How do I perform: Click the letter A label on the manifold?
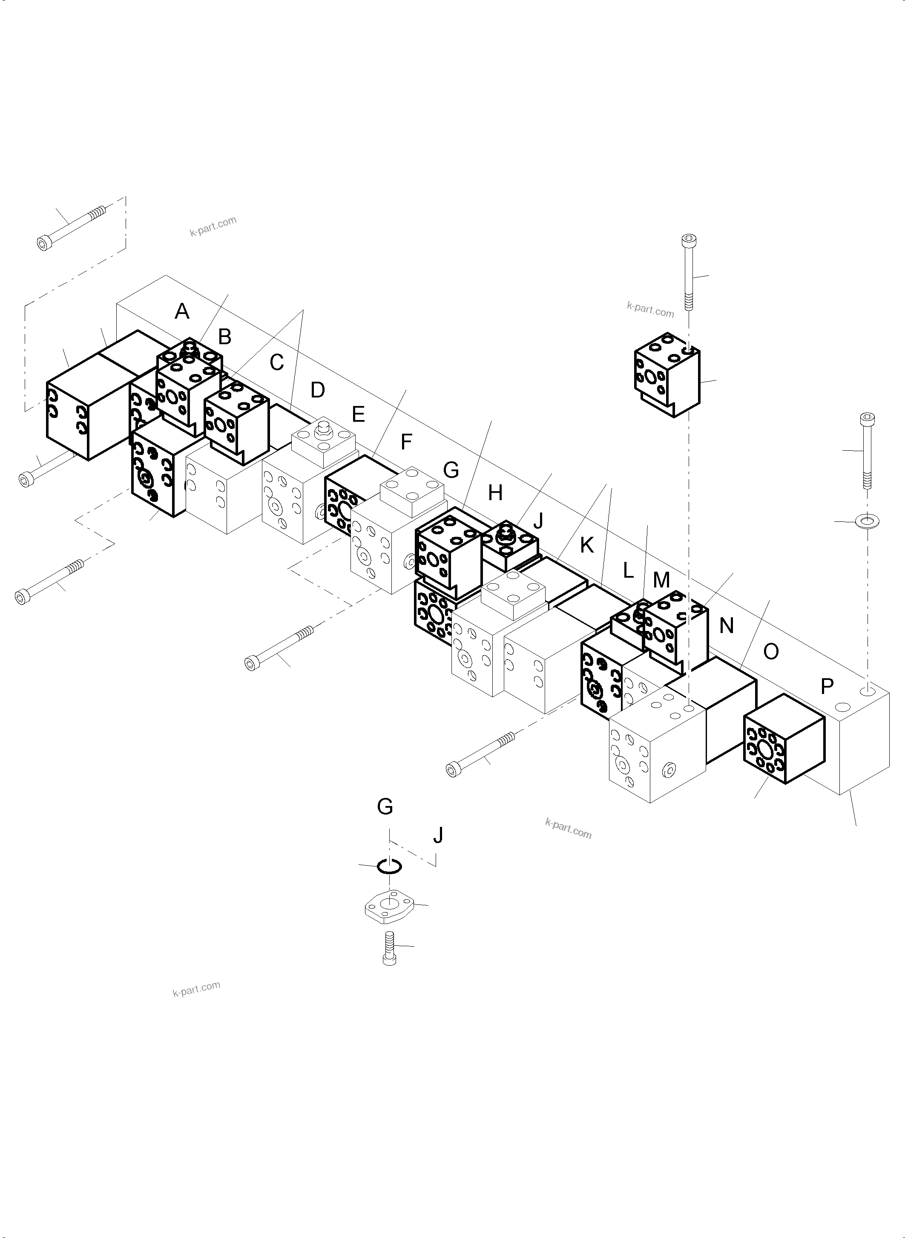click(182, 312)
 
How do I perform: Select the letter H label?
click(495, 493)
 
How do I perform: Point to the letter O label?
click(771, 652)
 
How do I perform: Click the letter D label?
click(318, 390)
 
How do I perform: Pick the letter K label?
click(587, 545)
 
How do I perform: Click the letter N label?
click(727, 625)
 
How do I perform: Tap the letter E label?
click(358, 415)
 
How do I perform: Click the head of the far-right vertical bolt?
click(867, 419)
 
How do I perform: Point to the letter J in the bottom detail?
click(438, 835)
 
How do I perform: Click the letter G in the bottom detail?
click(385, 807)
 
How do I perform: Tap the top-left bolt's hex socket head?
click(43, 243)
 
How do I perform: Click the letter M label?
click(662, 580)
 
